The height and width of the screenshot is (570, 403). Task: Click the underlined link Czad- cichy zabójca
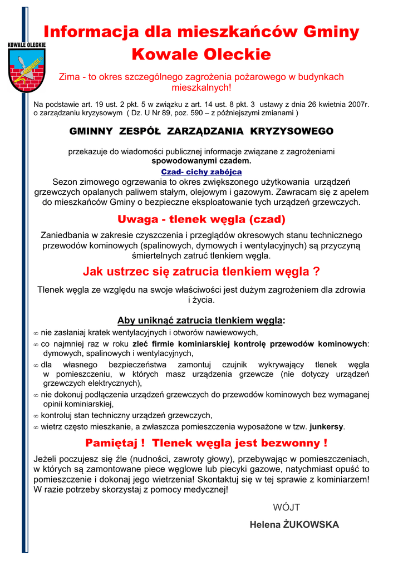[201, 172]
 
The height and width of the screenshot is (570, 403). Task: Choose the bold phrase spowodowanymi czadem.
[202, 161]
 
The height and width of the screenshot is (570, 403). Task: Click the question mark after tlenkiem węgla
[316, 272]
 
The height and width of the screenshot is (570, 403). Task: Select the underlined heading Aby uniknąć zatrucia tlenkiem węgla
[200, 320]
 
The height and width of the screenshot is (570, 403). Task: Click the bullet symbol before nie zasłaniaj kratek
[36, 333]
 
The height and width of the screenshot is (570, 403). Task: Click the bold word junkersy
[327, 427]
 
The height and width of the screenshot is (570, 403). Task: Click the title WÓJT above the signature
[286, 507]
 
